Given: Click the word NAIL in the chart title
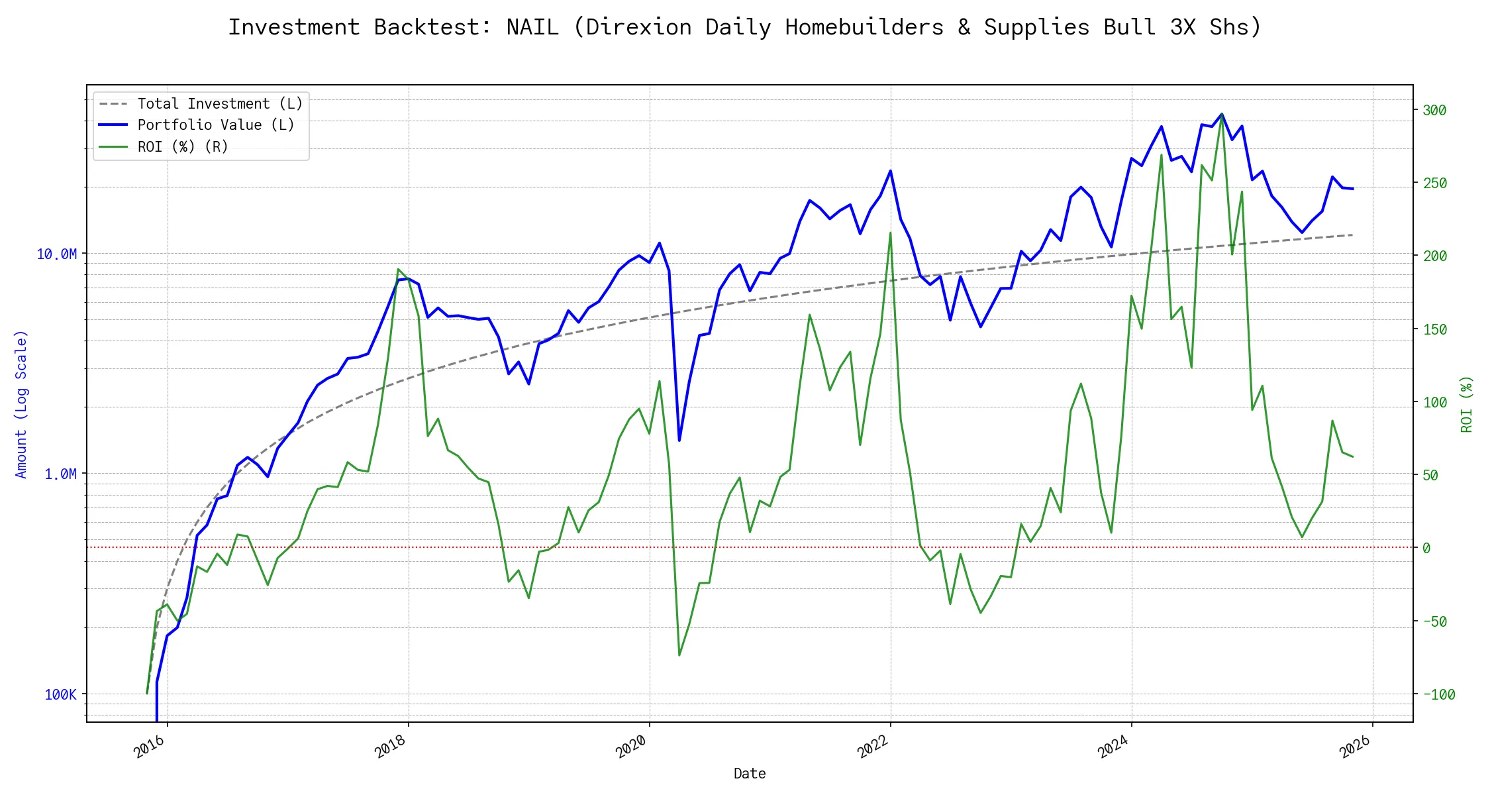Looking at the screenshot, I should pos(532,27).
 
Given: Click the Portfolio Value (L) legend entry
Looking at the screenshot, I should pos(216,125).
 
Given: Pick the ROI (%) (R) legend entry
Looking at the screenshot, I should pos(183,147).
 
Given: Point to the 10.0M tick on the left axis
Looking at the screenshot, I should pos(57,254).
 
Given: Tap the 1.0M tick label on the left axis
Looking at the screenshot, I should pos(60,474).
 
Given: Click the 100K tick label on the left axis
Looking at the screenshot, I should pos(61,694).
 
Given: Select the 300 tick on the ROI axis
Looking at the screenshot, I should pos(1434,110).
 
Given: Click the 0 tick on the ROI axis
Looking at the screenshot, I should pos(1426,548).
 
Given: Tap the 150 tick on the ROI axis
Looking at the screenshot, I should pos(1434,329).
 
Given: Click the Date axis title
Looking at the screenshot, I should pos(750,773).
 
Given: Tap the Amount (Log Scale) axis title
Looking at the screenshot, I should pos(21,404).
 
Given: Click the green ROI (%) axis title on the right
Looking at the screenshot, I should pos(1467,404).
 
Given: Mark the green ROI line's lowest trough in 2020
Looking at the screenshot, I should pos(679,655).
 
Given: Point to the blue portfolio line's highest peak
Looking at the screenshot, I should pos(1222,114).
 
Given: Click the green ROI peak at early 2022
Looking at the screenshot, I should pos(890,233).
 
